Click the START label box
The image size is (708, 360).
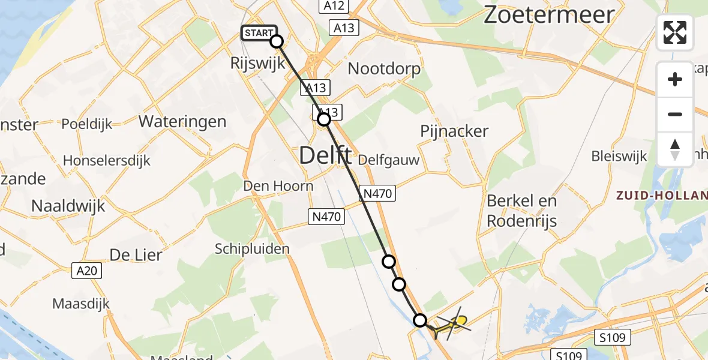point(259,33)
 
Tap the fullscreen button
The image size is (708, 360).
point(675,32)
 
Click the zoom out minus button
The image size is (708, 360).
point(675,114)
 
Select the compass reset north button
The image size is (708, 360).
point(675,149)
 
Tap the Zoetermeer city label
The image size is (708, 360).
point(549,14)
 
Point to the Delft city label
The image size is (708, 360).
point(325,156)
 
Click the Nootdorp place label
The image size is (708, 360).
point(384,68)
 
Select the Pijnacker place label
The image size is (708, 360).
point(454,131)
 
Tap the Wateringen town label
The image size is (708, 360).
point(182,122)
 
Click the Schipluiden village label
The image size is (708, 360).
point(252,248)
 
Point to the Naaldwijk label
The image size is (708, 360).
point(68,206)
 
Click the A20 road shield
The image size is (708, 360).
point(88,271)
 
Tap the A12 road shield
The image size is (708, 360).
point(334,6)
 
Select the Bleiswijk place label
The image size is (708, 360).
point(619,156)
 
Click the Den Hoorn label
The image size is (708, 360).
point(278,186)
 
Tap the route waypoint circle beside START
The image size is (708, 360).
point(277,41)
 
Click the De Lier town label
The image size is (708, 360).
point(136,255)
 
